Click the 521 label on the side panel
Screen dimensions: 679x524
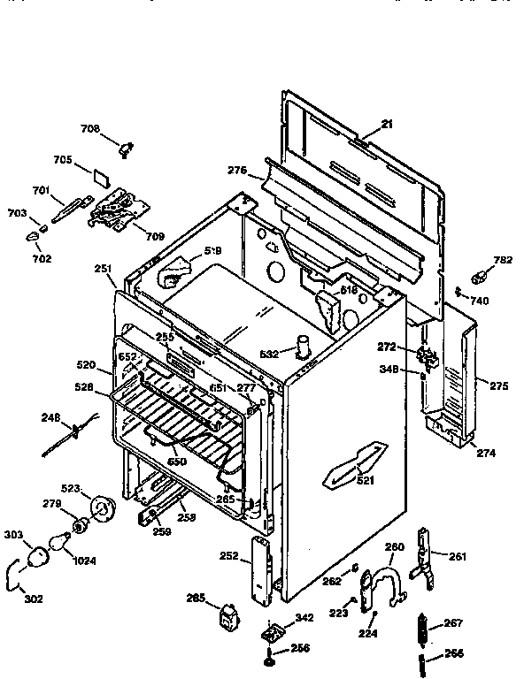(x=365, y=480)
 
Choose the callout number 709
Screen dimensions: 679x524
(x=154, y=236)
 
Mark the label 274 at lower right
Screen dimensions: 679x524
(x=486, y=453)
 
